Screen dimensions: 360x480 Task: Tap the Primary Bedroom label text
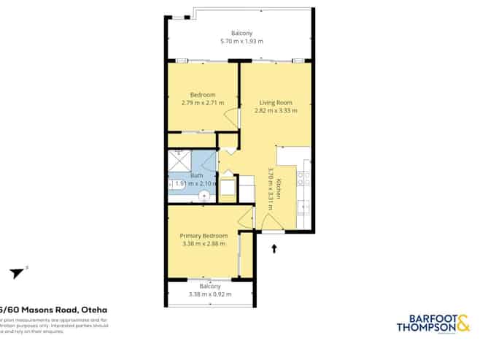(204, 236)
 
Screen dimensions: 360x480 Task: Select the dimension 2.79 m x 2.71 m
(203, 103)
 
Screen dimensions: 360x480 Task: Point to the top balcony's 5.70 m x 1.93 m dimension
(241, 42)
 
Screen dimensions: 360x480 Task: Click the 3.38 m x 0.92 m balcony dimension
(209, 294)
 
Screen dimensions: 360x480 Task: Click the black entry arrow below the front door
(274, 249)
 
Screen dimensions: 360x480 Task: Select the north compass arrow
(17, 273)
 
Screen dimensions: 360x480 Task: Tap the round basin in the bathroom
(205, 194)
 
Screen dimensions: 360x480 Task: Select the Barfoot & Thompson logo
(433, 323)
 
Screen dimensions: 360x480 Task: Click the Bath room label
(196, 175)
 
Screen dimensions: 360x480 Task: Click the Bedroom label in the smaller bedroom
(203, 95)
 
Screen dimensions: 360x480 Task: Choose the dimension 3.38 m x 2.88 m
(204, 243)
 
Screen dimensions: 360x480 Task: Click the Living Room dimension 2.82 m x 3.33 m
(276, 111)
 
